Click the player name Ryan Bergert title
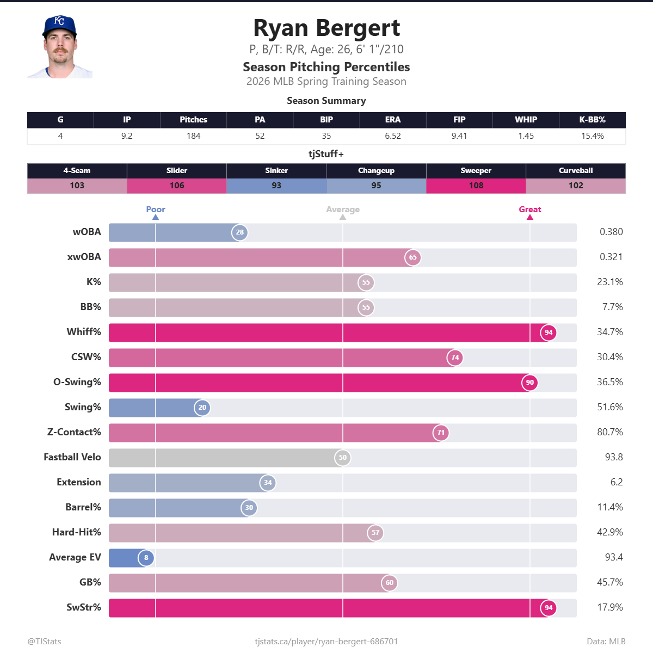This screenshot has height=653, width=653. click(326, 28)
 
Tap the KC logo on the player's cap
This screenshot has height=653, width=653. click(59, 21)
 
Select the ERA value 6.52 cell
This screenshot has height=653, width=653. click(392, 136)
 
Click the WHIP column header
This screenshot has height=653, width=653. click(526, 120)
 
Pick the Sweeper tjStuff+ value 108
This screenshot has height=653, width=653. click(476, 186)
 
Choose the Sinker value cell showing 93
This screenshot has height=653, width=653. click(276, 186)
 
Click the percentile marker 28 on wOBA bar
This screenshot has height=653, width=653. click(240, 232)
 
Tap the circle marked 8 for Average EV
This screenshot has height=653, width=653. click(146, 558)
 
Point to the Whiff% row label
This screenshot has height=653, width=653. click(84, 332)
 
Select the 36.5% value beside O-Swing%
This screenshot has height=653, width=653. click(609, 382)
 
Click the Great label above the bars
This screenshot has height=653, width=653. click(529, 210)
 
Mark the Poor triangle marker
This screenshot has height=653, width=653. click(156, 217)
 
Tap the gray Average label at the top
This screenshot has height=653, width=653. click(342, 210)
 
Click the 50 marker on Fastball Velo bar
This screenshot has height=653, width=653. click(342, 458)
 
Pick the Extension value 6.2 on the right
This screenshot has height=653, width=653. click(616, 482)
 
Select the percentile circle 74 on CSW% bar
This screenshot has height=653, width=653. click(455, 358)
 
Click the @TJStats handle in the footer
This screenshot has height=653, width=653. click(44, 642)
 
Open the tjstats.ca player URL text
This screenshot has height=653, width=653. click(326, 642)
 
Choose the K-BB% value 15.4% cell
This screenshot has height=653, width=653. click(592, 136)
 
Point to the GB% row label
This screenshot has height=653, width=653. click(90, 582)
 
